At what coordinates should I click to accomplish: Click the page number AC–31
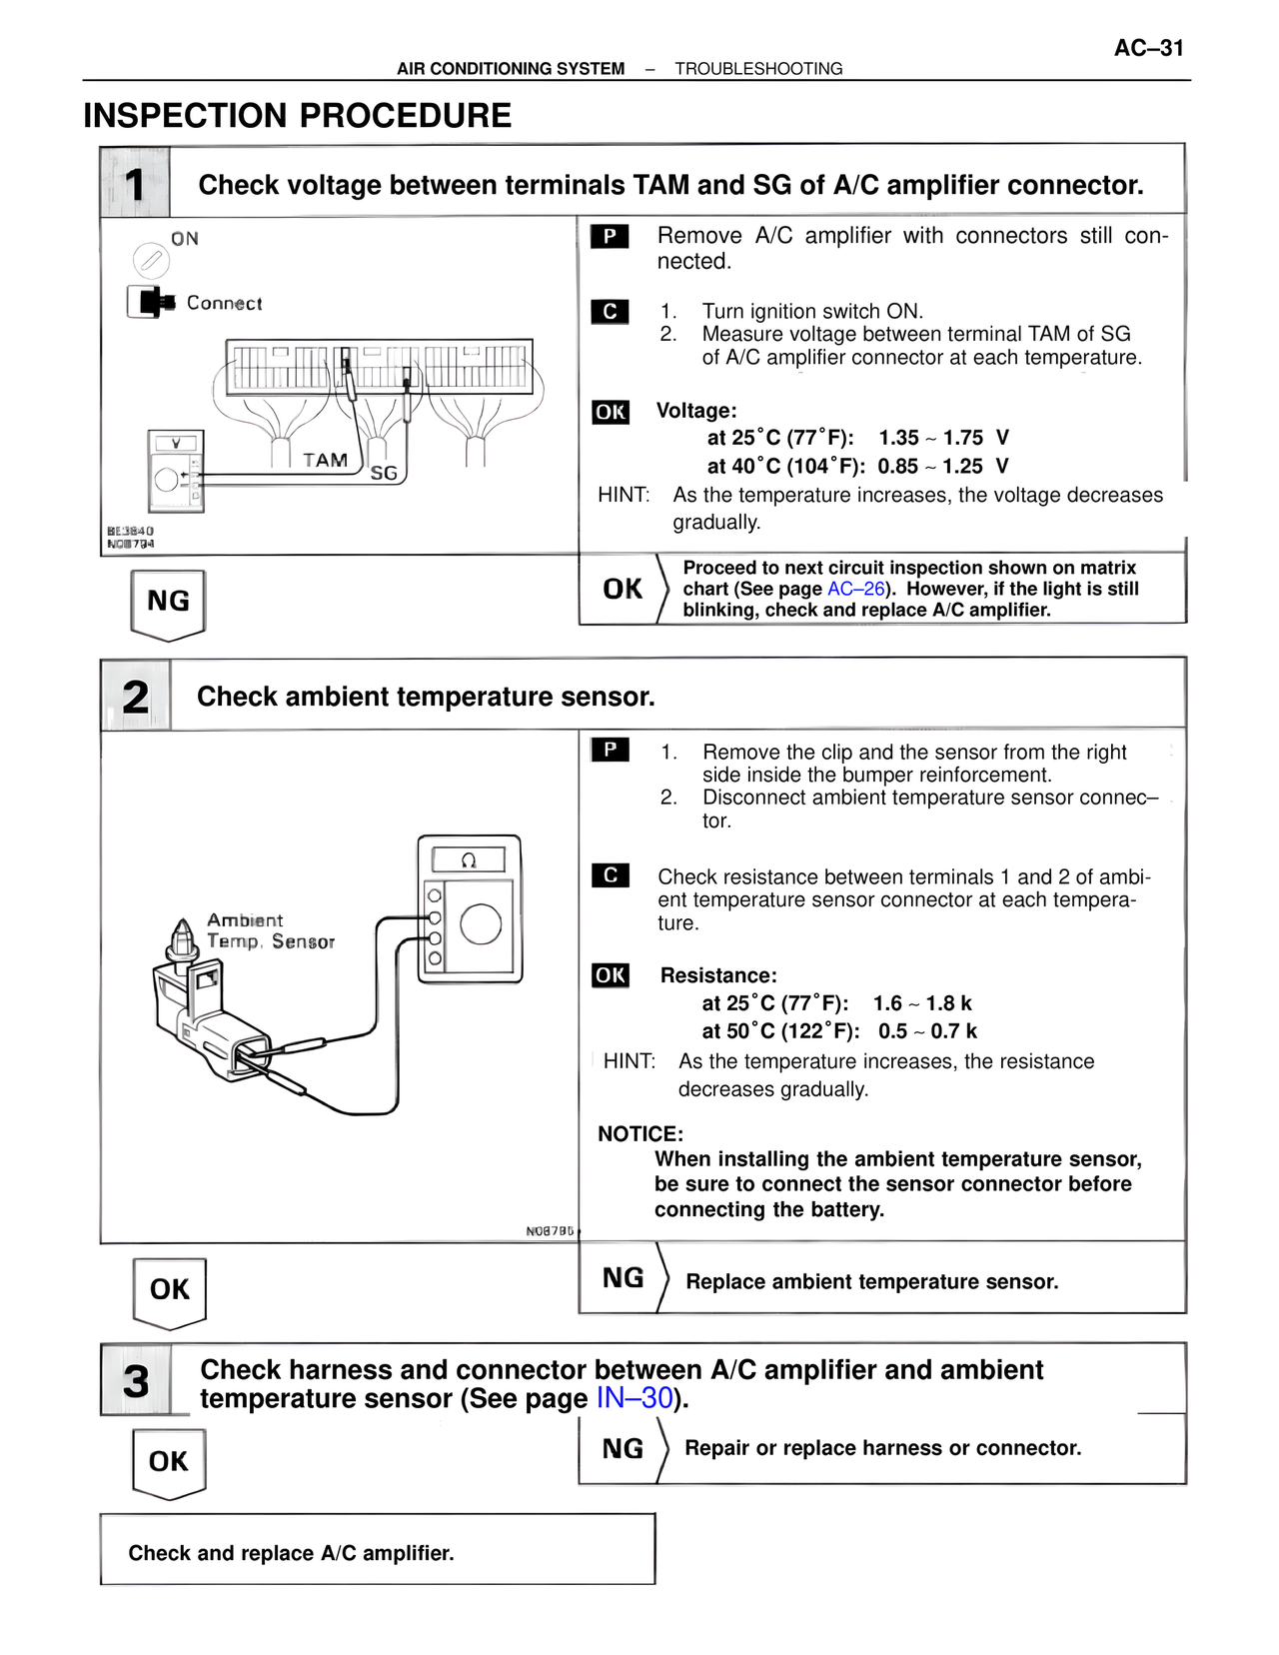1148,48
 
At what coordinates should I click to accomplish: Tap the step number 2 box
136,696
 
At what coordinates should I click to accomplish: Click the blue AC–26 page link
856,589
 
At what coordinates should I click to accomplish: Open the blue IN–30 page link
635,1398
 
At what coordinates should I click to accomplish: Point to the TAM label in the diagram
326,460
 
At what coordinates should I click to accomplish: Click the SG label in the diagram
384,473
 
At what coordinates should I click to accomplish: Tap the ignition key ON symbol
151,261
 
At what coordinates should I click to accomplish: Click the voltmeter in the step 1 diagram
176,471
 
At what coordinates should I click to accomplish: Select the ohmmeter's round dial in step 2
481,923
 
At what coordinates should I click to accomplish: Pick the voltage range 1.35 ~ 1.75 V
943,438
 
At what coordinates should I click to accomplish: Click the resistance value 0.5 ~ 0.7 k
927,1031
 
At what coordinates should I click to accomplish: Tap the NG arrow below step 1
168,602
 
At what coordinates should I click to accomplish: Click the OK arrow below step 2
170,1290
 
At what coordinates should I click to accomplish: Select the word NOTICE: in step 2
640,1134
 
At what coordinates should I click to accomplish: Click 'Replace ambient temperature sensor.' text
871,1281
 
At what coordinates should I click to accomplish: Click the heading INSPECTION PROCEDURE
297,116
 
